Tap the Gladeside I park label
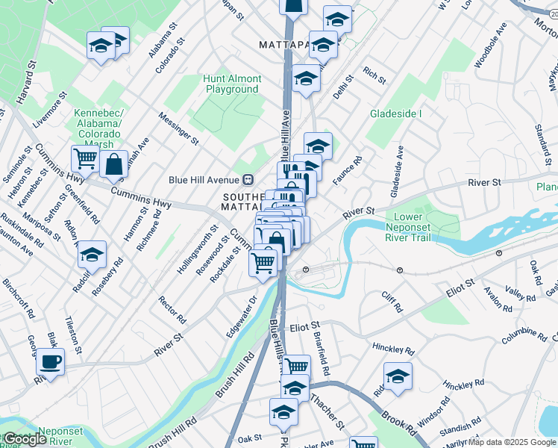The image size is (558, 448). (396, 113)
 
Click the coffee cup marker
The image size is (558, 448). (51, 362)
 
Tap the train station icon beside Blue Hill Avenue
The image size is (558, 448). (249, 179)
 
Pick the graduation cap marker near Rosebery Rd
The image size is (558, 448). (92, 255)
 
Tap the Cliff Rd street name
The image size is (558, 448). (392, 302)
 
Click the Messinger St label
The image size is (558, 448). (179, 128)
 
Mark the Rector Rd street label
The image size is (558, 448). (172, 309)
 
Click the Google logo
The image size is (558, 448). (25, 439)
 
